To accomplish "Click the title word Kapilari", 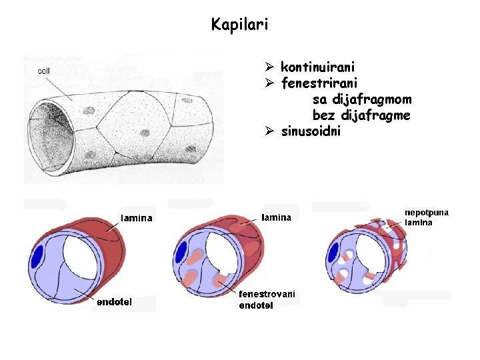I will coord(239,25).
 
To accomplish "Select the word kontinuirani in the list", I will coord(317,67).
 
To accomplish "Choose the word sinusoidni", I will coord(311,131).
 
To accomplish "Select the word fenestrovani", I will coord(267,294).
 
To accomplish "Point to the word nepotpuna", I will coord(427,213).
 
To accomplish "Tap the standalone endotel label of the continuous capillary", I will coord(115,302).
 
